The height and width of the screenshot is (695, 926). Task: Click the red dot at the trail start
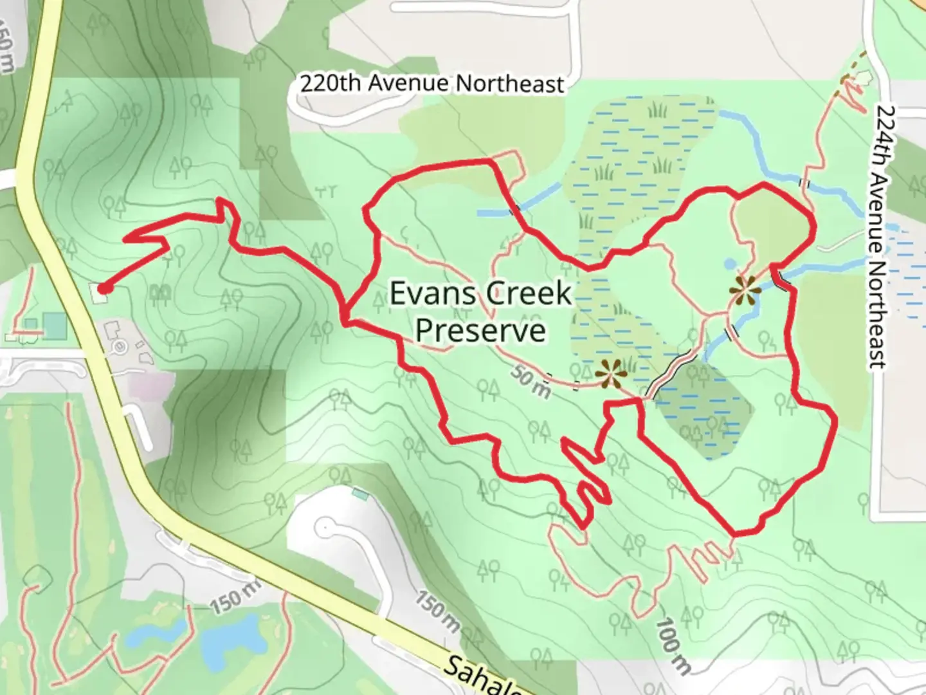pos(103,289)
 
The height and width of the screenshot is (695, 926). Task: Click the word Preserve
pos(480,329)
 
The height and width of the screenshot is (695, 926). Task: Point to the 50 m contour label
pos(531,382)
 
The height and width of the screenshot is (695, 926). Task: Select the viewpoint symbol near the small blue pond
pos(745,291)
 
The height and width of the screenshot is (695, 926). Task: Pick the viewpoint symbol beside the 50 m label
pos(608,374)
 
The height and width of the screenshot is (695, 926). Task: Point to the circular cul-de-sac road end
pos(326,529)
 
